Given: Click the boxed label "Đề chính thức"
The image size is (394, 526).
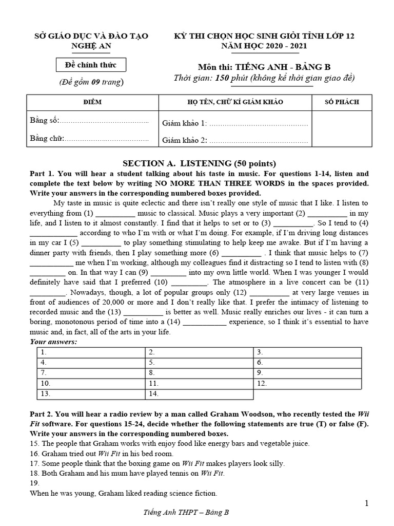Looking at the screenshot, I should (91, 65).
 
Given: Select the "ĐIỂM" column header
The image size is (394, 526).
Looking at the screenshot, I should (92, 102).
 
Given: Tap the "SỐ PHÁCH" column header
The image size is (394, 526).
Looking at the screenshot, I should (342, 102).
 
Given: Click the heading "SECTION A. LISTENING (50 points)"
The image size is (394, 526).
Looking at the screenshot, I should (196, 163).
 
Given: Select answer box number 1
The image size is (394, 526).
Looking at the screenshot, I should (90, 352).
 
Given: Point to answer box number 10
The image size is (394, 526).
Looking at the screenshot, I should (90, 384).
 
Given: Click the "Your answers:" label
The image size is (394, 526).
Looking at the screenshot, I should (53, 342).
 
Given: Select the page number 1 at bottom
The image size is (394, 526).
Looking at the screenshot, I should (367, 504).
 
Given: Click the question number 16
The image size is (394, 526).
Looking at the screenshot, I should (34, 454).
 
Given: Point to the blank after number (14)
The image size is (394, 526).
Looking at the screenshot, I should (204, 322).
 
